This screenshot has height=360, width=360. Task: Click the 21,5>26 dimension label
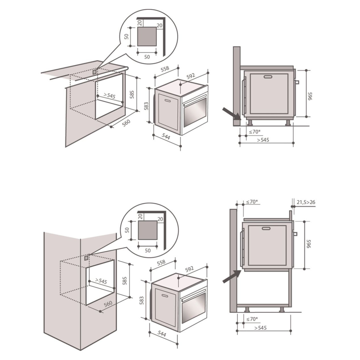point(306,202)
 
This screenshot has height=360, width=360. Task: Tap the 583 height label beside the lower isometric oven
point(142,300)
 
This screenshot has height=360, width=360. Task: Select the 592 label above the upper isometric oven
point(191,76)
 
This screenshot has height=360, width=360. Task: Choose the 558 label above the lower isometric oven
point(161,262)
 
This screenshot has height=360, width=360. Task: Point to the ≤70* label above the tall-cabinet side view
point(252,202)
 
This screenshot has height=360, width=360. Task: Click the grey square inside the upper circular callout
point(147,36)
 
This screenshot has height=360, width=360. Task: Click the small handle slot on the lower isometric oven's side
point(165,295)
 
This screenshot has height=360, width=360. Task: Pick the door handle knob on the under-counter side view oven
point(297,82)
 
